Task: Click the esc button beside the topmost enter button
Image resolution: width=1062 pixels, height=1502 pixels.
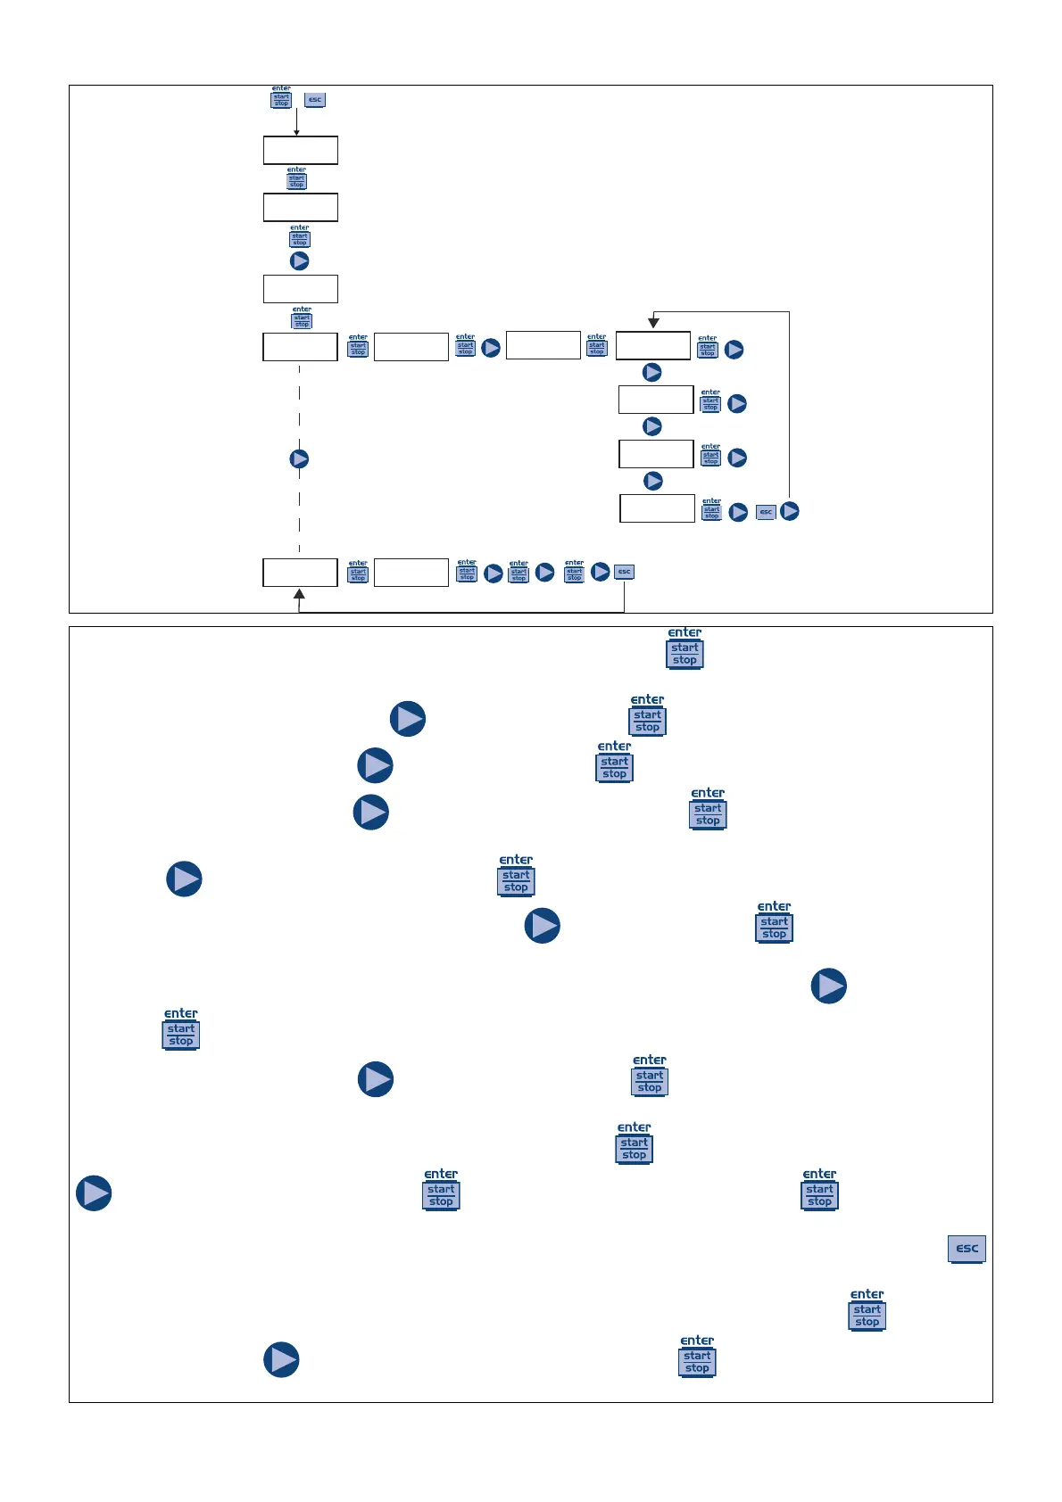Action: pos(315,100)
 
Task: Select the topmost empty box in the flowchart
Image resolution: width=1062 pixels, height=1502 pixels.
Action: pos(301,150)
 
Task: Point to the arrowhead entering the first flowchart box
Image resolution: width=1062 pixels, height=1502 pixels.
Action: pos(297,132)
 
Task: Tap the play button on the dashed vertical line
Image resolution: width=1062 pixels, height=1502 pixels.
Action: pos(300,458)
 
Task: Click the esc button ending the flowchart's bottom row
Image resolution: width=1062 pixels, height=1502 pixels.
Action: pos(625,572)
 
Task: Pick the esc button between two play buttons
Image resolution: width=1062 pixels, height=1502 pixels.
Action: pos(766,512)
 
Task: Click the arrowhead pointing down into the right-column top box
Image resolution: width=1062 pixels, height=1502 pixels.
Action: pos(653,323)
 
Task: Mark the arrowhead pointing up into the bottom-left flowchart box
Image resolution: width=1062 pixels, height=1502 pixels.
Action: pos(300,594)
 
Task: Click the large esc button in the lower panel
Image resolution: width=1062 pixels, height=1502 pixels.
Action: pos(967,1249)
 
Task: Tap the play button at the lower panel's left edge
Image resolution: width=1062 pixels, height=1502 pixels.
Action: pos(94,1193)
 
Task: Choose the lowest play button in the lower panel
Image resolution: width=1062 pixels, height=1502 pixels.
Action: pos(281,1360)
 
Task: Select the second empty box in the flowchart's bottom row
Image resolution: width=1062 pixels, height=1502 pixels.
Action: pos(411,573)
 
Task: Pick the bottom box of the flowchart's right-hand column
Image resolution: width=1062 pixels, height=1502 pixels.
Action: pos(658,508)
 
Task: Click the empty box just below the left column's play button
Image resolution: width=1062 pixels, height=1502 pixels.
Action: pos(301,289)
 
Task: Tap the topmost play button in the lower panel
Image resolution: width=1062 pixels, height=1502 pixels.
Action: pos(408,719)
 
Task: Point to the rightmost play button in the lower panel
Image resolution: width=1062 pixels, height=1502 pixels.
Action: pos(829,986)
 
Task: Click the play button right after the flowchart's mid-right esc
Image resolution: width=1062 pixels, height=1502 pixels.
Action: pos(790,512)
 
